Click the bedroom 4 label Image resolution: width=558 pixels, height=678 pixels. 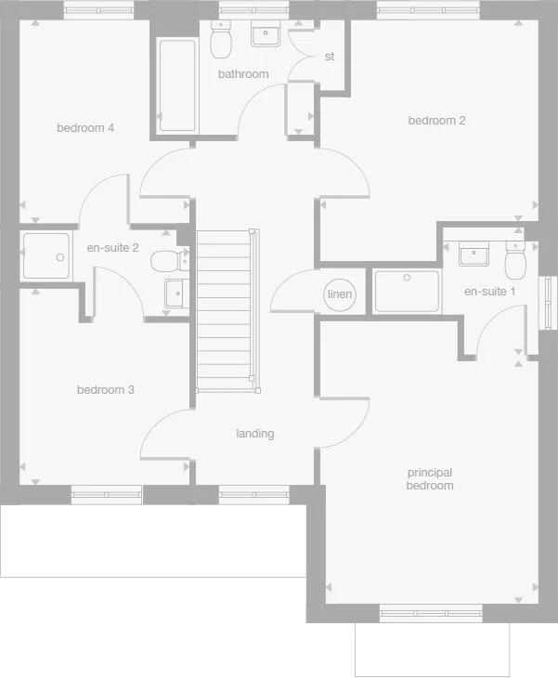click(x=85, y=128)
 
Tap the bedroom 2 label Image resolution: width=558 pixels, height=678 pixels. click(x=436, y=121)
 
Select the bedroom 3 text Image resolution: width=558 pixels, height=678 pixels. click(x=105, y=390)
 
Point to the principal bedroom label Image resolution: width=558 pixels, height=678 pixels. click(x=430, y=479)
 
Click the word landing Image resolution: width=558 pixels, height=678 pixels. click(x=254, y=434)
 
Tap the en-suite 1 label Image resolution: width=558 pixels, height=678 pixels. click(x=489, y=292)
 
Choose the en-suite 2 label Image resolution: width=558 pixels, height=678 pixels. click(x=112, y=248)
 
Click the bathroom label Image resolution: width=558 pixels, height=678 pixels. click(x=243, y=74)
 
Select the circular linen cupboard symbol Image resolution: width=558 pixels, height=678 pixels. click(x=340, y=295)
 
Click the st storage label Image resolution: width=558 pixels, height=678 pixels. click(x=329, y=57)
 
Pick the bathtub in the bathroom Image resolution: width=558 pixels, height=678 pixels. click(x=176, y=85)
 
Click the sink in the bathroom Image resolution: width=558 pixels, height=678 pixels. click(x=266, y=35)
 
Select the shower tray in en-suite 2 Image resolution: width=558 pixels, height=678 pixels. click(x=46, y=257)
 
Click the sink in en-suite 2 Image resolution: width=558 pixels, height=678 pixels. click(x=175, y=293)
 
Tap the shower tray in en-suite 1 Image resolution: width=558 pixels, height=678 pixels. click(x=407, y=292)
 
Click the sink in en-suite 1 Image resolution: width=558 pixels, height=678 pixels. click(x=474, y=253)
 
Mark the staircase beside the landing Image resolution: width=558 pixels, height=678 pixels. click(x=225, y=310)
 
